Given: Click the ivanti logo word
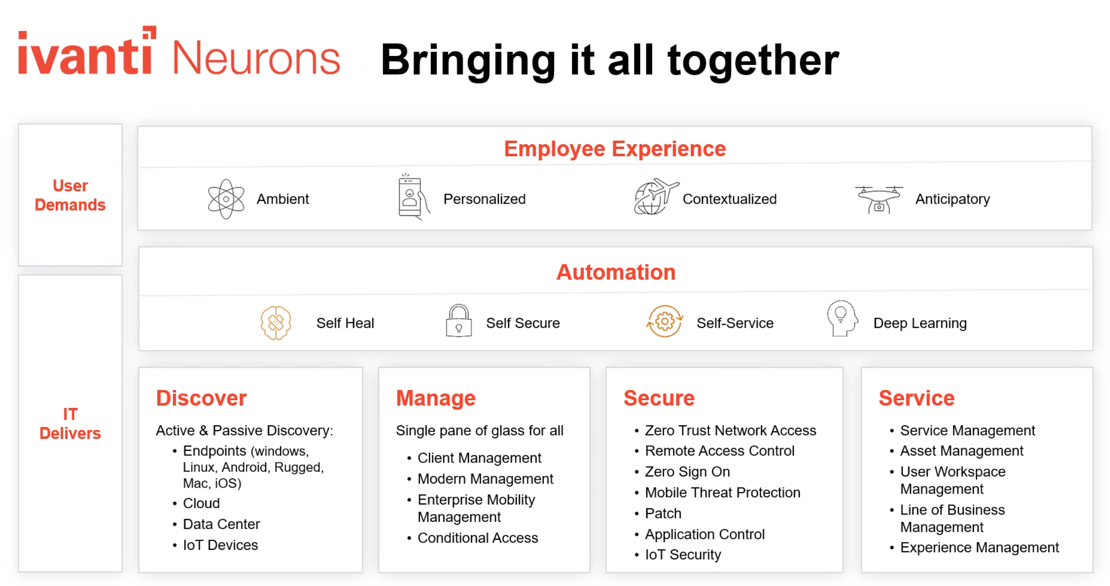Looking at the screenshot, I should tap(86, 53).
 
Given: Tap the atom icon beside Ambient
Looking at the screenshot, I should tap(226, 199).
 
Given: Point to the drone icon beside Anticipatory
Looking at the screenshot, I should tap(879, 198).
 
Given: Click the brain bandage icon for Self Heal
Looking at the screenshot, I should tap(276, 322).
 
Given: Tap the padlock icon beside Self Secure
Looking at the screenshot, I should tap(458, 321).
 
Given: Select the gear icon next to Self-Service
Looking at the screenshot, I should tap(665, 321).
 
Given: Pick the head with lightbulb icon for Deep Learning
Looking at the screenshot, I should tap(841, 319).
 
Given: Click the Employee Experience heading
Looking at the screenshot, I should tap(614, 149).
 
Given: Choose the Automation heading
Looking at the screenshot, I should tap(615, 272).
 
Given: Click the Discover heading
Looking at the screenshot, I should tap(201, 398).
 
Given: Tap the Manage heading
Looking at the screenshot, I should tap(436, 398).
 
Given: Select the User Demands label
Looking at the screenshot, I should tap(70, 195).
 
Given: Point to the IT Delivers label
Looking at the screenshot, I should tap(70, 423).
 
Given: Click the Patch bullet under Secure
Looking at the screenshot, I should tap(663, 513).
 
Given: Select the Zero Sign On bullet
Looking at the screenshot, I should tap(687, 472).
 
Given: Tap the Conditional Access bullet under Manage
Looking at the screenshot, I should tap(477, 538).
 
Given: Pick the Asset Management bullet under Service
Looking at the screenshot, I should tap(961, 451).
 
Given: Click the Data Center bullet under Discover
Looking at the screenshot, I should tap(221, 524).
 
